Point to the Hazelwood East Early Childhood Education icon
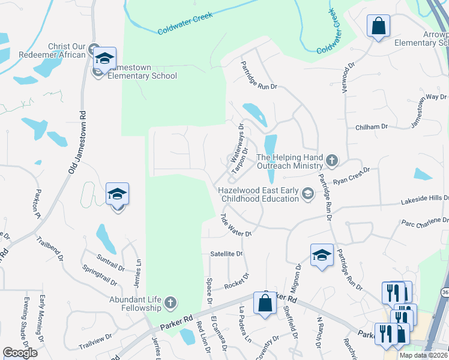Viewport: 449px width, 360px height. tap(308, 193)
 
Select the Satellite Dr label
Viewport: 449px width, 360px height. tap(226, 254)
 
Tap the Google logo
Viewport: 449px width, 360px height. tap(20, 353)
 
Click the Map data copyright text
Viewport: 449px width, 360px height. tap(423, 355)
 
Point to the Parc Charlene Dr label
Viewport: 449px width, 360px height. tap(424, 223)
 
